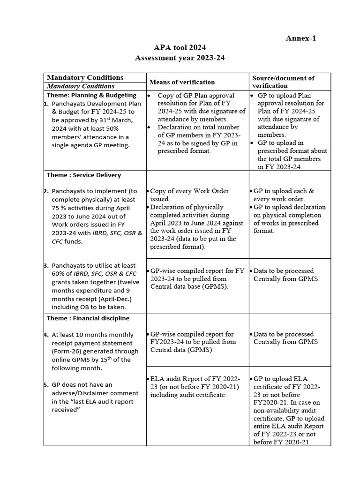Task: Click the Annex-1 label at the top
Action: (300, 38)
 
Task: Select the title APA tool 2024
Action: (180, 48)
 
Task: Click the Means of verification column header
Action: (182, 82)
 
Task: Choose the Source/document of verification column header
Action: (283, 82)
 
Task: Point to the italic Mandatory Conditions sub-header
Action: (80, 86)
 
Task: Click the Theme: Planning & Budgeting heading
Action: (91, 95)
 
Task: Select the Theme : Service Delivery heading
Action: (84, 175)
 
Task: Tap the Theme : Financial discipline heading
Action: (88, 318)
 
